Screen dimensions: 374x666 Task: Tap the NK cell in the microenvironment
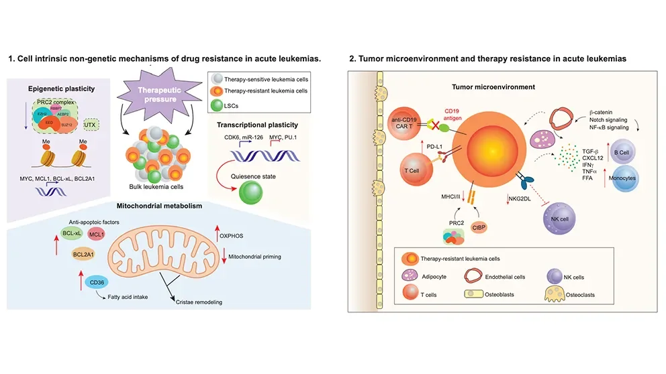pyautogui.click(x=559, y=216)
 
